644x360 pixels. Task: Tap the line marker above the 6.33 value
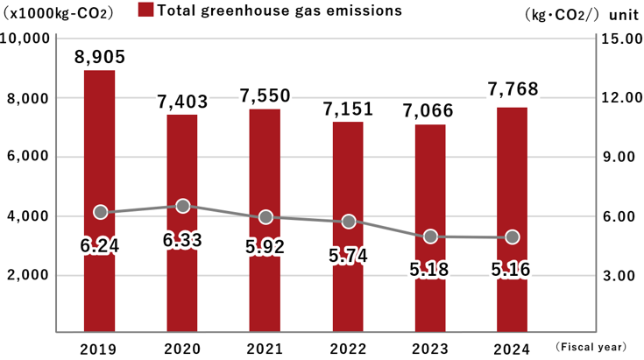coord(183,206)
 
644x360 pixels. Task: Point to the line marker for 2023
coord(430,236)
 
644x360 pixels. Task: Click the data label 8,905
coord(100,57)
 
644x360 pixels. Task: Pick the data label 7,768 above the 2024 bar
coord(513,90)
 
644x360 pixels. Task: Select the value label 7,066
coord(430,109)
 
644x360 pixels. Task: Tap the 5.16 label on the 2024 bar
coord(513,270)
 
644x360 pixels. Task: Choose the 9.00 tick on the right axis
coord(619,158)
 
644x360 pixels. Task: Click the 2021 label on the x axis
coord(265,348)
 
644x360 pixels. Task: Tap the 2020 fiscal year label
coord(183,348)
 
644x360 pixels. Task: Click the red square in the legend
coord(146,11)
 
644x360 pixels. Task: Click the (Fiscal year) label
coord(594,348)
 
